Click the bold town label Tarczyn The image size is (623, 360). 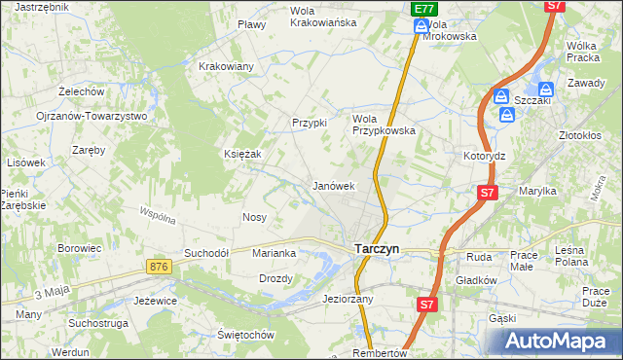coord(375,248)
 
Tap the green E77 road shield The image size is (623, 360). coord(421,9)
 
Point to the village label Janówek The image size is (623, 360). coord(332,185)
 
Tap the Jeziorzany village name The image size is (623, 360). coord(348,299)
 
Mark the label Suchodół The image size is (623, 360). coord(205,253)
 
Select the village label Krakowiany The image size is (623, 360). coord(226,66)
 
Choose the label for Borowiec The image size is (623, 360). coord(80,248)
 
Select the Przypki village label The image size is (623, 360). coord(310,123)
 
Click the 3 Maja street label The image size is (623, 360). coord(54,293)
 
